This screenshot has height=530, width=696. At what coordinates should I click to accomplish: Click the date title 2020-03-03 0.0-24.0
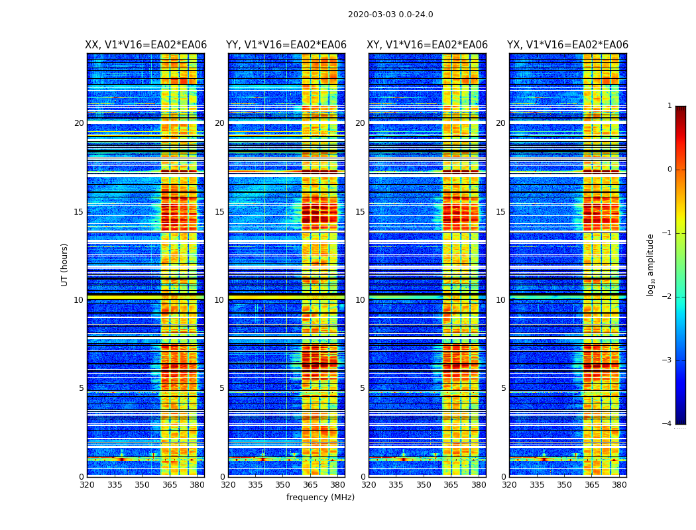click(x=390, y=15)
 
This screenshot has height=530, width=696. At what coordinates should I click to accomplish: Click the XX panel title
click(x=146, y=45)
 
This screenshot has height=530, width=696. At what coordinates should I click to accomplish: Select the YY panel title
click(x=286, y=45)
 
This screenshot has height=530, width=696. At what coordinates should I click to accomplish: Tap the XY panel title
click(x=428, y=45)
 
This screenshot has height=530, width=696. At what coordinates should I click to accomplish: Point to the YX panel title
click(x=567, y=45)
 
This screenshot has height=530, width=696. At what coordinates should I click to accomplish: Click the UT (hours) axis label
click(x=65, y=264)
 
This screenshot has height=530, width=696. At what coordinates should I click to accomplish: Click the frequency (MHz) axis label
click(x=320, y=498)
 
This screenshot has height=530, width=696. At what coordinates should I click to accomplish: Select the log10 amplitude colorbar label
click(x=650, y=265)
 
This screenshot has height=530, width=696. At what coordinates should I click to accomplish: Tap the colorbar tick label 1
click(x=669, y=106)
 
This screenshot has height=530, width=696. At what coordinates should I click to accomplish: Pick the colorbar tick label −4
click(x=667, y=424)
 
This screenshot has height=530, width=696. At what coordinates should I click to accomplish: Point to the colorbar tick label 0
click(x=669, y=170)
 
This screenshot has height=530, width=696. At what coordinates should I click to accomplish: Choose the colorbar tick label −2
click(x=667, y=297)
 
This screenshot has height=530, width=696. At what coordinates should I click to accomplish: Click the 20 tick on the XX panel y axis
click(x=79, y=123)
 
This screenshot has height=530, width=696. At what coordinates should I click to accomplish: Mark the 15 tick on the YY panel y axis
click(x=219, y=212)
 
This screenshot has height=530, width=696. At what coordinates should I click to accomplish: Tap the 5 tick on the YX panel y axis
click(x=503, y=388)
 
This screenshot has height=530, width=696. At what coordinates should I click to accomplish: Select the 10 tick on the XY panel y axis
click(x=360, y=300)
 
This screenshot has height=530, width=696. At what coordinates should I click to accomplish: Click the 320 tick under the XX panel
click(x=87, y=485)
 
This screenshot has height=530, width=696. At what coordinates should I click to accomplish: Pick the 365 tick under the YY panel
click(x=310, y=485)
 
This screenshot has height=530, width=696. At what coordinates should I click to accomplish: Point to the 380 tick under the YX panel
click(x=619, y=485)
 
